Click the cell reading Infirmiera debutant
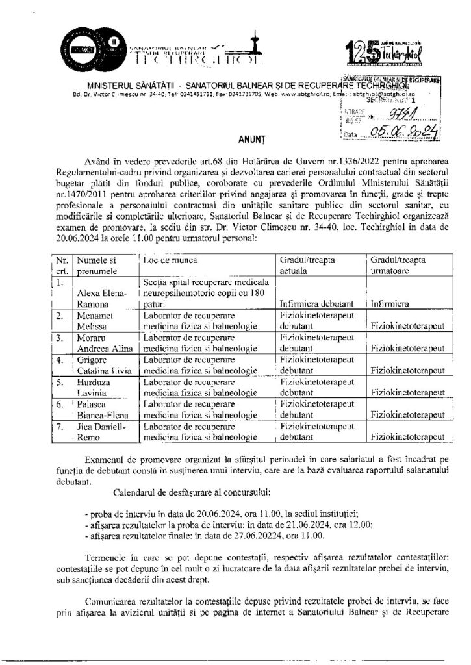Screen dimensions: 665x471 coord(315,303)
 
